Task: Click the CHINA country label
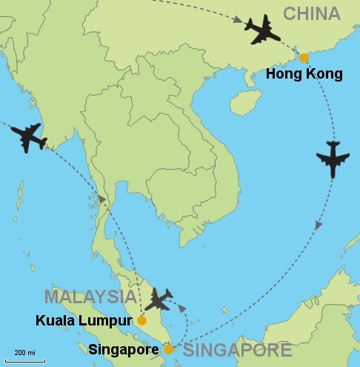[x=311, y=14]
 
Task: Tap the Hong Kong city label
[x=304, y=74]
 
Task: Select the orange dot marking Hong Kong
[x=303, y=58]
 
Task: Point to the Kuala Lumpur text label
[x=84, y=322]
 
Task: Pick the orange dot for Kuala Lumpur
[x=142, y=321]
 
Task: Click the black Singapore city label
[x=124, y=349]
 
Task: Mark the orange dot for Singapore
[x=168, y=349]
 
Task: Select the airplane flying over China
[x=262, y=30]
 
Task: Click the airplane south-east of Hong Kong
[x=332, y=159]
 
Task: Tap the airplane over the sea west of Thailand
[x=29, y=137]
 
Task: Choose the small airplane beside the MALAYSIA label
[x=159, y=299]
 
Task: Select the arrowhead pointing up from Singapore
[x=182, y=305]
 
